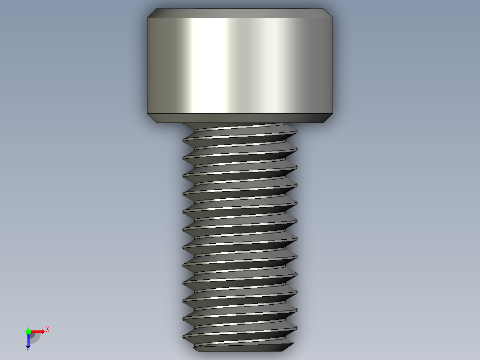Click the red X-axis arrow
38,331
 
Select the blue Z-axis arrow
28,340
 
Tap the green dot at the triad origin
28,331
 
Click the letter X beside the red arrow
48,330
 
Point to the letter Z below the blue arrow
28,349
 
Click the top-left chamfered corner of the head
151,13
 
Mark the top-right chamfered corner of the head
329,13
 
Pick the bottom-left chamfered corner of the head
151,117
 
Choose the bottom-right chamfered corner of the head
329,117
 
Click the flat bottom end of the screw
240,348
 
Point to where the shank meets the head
240,123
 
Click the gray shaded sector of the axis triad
35,337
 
